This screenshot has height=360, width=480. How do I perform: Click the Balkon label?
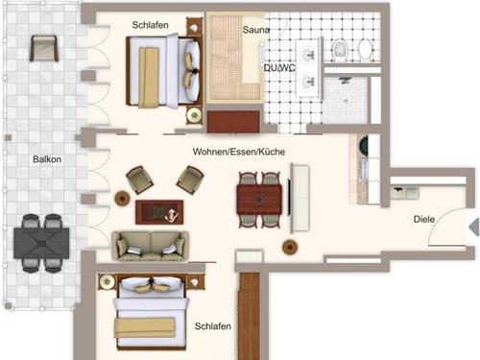click(47, 159)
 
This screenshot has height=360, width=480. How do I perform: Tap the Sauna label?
click(255, 30)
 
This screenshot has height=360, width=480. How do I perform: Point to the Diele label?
click(424, 219)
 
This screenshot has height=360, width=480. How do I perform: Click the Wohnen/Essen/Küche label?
click(239, 152)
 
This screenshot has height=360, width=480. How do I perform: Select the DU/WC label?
click(279, 68)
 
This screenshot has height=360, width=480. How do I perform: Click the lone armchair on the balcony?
click(44, 48)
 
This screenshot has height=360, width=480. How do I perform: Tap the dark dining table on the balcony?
click(41, 243)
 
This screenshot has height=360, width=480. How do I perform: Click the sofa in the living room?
click(150, 246)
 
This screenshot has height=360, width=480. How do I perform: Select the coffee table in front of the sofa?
click(159, 212)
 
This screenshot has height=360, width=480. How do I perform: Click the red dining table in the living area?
click(259, 200)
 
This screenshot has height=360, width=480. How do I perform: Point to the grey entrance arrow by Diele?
click(474, 227)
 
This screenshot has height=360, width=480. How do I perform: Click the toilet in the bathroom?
click(340, 50)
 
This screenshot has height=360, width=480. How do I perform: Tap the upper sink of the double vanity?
click(308, 54)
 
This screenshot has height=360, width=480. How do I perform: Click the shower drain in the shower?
click(346, 102)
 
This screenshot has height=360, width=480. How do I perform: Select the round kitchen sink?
click(364, 144)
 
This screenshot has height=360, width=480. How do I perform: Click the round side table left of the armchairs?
click(122, 198)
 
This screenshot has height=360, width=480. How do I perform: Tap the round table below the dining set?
click(290, 247)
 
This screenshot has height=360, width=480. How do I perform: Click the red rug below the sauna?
click(233, 122)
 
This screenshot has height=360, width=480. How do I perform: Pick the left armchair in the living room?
click(140, 180)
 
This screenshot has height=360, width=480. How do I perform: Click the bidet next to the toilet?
click(365, 49)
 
